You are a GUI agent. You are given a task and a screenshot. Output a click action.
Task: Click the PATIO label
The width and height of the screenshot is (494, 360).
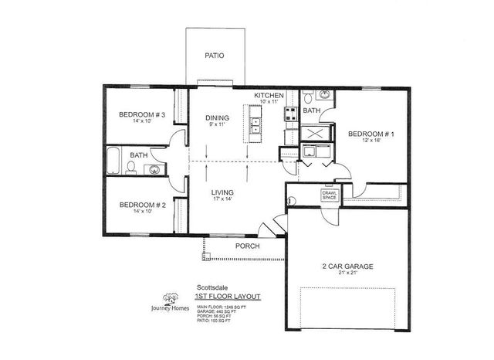pyautogui.click(x=215, y=56)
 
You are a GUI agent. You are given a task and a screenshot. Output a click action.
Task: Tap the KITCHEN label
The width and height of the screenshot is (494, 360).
pyautogui.click(x=270, y=94)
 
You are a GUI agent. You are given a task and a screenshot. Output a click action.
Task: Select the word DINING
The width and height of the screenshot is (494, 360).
pyautogui.click(x=217, y=117)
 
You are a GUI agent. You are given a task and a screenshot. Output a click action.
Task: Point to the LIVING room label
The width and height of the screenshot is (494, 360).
pyautogui.click(x=222, y=192)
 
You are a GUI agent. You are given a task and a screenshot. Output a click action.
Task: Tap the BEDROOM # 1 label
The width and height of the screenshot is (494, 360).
pyautogui.click(x=371, y=134)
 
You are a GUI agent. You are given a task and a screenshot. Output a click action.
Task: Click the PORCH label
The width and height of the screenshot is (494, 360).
pyautogui.click(x=247, y=246)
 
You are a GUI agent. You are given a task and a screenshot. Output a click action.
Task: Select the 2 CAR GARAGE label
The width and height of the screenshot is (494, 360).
pyautogui.click(x=347, y=267)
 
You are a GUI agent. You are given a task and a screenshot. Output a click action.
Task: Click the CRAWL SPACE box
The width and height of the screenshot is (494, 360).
pyautogui.click(x=330, y=196)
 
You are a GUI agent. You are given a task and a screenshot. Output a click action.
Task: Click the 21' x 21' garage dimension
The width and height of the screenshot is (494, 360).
pyautogui.click(x=347, y=275)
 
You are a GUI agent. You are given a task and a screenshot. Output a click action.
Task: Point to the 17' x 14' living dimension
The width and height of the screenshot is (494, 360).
pyautogui.click(x=222, y=199)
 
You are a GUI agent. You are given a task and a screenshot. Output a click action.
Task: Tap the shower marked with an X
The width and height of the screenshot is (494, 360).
pyautogui.click(x=315, y=133)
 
